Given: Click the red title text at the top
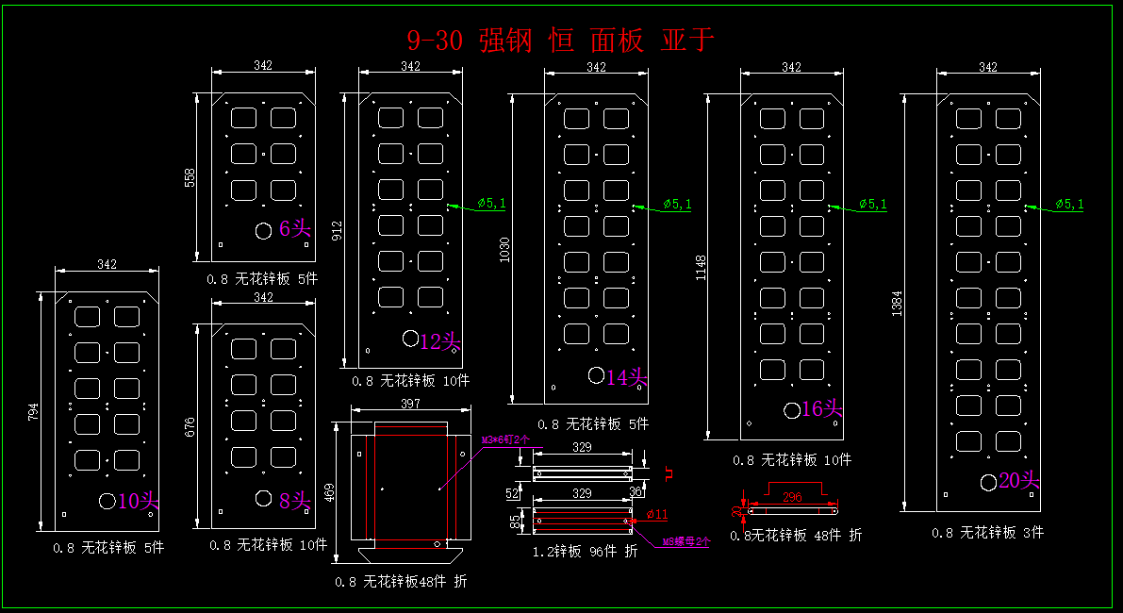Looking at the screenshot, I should [x=560, y=41].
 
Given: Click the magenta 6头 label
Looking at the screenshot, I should [x=295, y=228].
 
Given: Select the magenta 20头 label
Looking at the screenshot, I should [x=1018, y=481].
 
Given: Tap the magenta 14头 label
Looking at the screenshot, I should [x=627, y=377].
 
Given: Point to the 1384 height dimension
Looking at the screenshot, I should [x=897, y=304].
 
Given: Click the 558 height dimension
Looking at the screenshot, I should [x=190, y=177].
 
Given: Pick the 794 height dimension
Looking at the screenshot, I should [x=34, y=412].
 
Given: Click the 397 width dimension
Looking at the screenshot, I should [x=411, y=404].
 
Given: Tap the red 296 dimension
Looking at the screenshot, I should [x=792, y=496].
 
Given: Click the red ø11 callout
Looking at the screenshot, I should [x=656, y=514].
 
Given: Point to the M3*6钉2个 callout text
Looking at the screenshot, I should [x=505, y=439].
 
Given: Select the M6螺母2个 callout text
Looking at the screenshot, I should [x=685, y=542].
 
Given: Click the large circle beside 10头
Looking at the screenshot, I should [x=107, y=501].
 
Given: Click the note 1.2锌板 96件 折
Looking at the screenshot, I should [x=586, y=552].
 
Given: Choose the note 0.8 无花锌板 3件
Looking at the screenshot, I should [x=987, y=533].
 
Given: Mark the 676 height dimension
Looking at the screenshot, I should [x=190, y=427].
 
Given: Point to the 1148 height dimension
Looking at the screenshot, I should [x=701, y=268].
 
